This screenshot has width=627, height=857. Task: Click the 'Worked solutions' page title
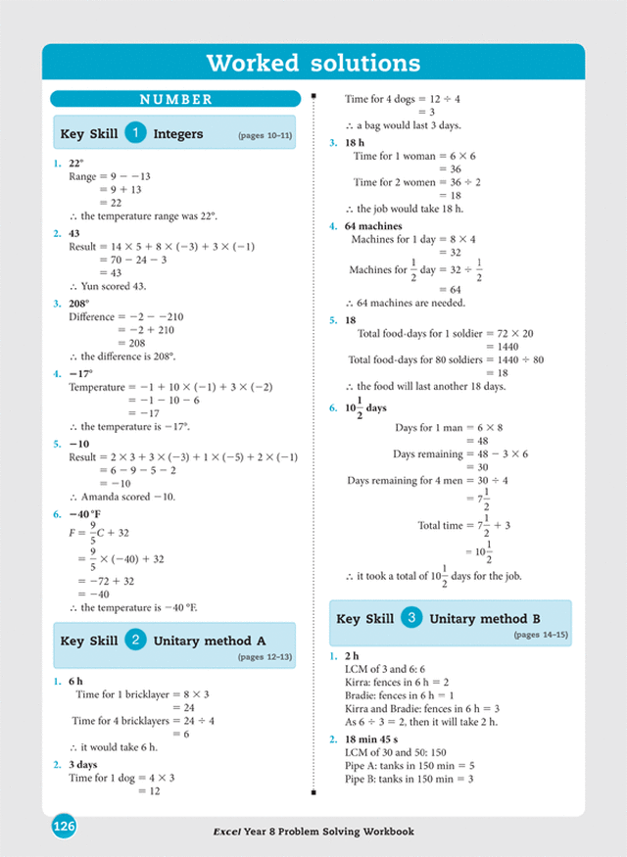pyautogui.click(x=313, y=64)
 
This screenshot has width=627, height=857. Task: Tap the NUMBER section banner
pyautogui.click(x=176, y=99)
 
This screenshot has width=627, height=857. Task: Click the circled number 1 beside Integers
pyautogui.click(x=135, y=132)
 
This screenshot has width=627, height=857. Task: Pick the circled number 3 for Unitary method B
pyautogui.click(x=411, y=619)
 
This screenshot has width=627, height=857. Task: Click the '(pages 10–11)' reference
pyautogui.click(x=264, y=135)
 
